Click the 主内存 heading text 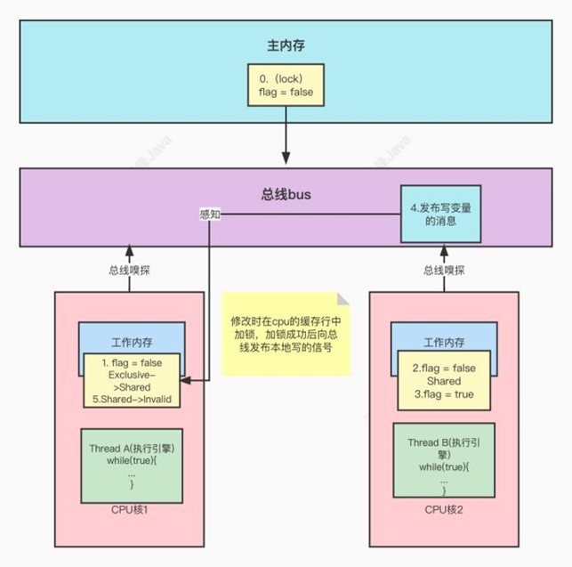click(x=286, y=45)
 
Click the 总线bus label click(x=286, y=191)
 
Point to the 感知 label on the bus click(x=210, y=215)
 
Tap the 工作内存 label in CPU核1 click(x=132, y=341)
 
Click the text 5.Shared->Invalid click(x=133, y=400)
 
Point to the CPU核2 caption click(x=445, y=509)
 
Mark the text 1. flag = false click(x=132, y=361)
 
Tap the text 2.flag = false click(x=444, y=368)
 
